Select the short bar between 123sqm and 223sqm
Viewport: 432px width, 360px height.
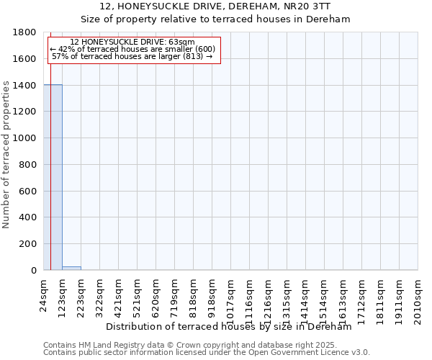[x=71, y=268]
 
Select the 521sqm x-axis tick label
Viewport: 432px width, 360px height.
[x=138, y=294]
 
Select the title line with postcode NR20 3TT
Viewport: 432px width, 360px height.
[x=215, y=6]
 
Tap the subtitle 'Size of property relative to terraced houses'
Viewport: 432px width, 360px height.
[x=215, y=19]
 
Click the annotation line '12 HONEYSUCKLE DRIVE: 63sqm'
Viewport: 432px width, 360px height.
[x=132, y=42]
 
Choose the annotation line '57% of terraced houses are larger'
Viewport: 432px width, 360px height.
[x=132, y=56]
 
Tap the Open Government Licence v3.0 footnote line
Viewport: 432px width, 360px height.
[x=207, y=353]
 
